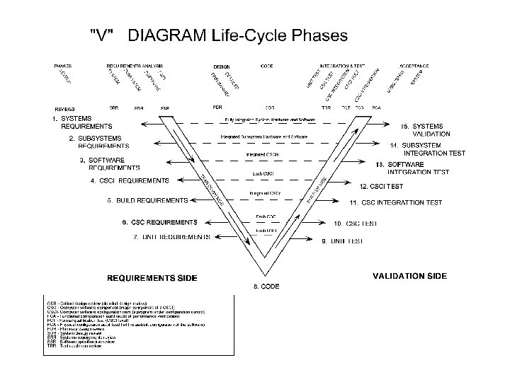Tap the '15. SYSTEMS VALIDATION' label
pos(424,129)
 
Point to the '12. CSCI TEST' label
pos(382,187)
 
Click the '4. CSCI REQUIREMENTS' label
pos(130,181)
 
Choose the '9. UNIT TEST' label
pos(342,241)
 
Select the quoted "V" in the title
pos(103,35)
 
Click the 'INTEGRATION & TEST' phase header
pos(344,65)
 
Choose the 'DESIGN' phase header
pos(221,66)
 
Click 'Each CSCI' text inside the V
pos(263,174)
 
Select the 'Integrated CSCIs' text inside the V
pos(262,154)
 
